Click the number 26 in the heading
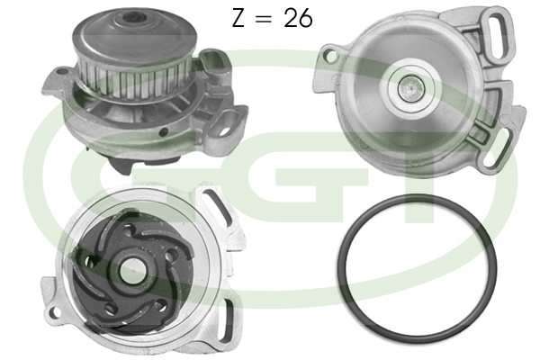click(298, 18)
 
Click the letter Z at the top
click(238, 18)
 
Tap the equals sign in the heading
click(264, 19)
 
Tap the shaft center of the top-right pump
click(411, 88)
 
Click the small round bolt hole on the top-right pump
click(331, 56)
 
